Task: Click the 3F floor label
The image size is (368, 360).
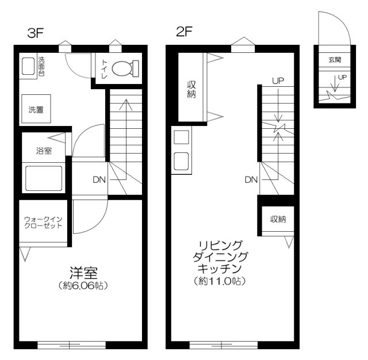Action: click(36, 33)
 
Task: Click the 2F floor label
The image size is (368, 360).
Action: click(184, 32)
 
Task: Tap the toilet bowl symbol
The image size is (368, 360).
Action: click(125, 68)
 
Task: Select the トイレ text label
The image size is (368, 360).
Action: click(104, 69)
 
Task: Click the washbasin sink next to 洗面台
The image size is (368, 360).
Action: click(28, 66)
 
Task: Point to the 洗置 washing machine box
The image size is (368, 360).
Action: click(36, 109)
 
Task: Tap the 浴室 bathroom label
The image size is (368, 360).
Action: click(44, 151)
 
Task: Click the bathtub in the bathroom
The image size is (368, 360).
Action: click(44, 178)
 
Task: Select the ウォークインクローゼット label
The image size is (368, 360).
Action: click(43, 222)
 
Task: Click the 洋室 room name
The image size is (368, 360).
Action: click(83, 273)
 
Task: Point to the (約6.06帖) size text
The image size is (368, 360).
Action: click(83, 285)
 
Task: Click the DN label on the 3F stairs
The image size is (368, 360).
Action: click(99, 180)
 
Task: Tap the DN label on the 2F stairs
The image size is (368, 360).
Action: click(251, 180)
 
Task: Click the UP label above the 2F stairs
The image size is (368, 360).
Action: click(278, 81)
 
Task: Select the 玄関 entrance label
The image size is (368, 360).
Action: click(335, 60)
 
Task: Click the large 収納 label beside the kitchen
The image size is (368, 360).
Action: click(191, 89)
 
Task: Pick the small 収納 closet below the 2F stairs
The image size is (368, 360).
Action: click(278, 219)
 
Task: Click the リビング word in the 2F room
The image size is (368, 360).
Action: click(220, 246)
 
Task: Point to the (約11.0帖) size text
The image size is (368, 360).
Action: click(220, 281)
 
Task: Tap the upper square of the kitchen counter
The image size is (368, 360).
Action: click(181, 137)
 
